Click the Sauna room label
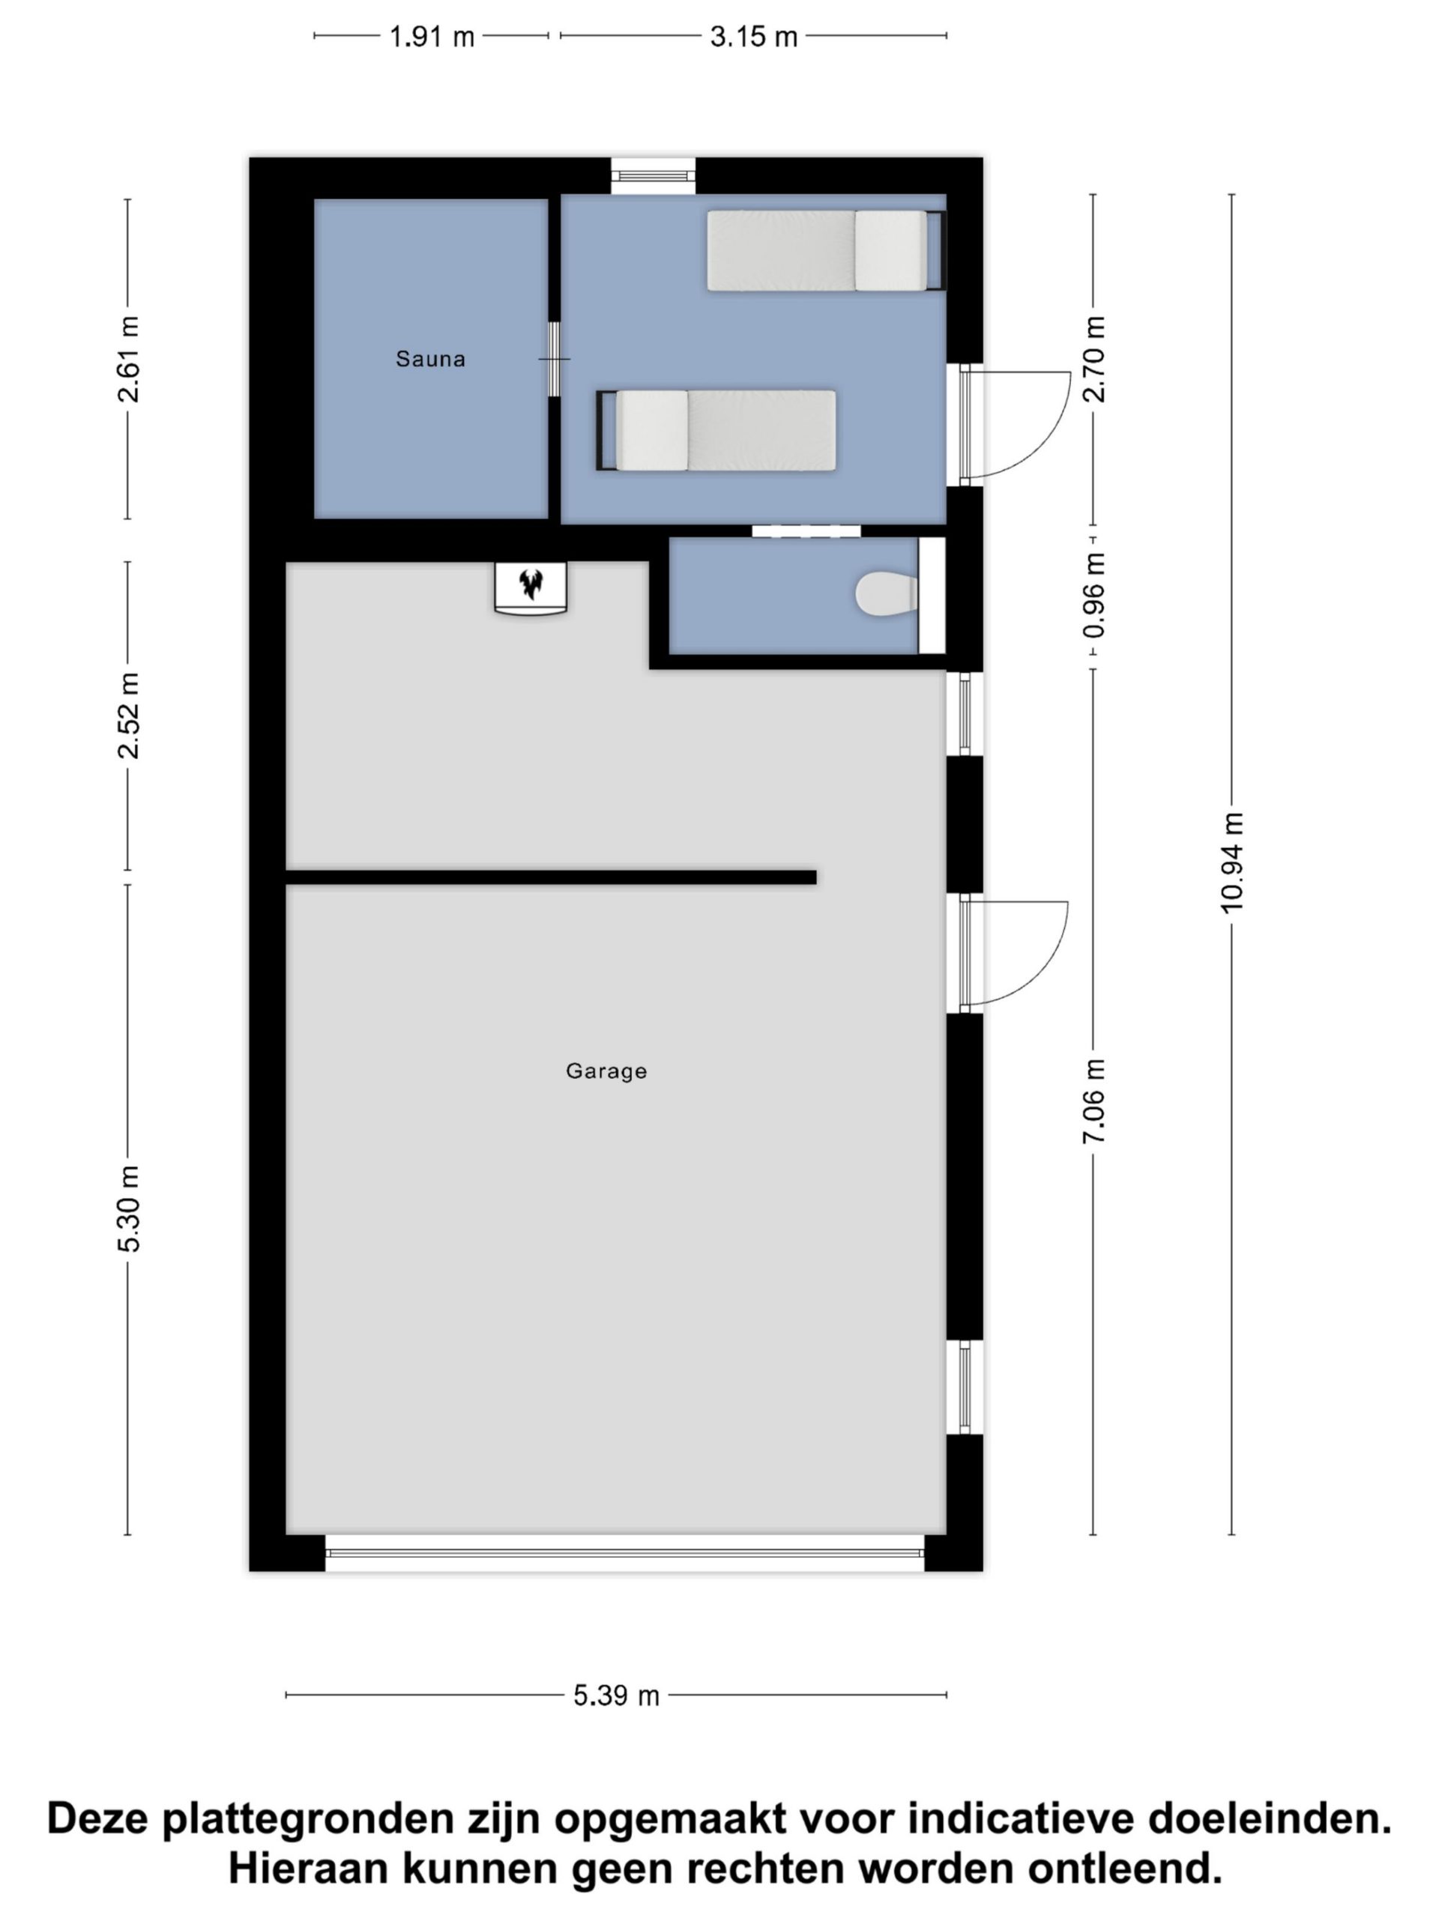point(430,358)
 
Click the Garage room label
point(606,1071)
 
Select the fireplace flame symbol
point(530,584)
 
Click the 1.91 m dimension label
point(431,37)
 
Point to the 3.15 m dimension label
point(753,37)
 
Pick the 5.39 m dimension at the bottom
point(616,1695)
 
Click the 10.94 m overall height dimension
point(1231,863)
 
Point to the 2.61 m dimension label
point(127,359)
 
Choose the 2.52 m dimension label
point(127,716)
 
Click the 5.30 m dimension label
point(127,1208)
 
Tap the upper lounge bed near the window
point(826,250)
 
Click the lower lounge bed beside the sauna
point(717,430)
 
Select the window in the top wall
point(653,176)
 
